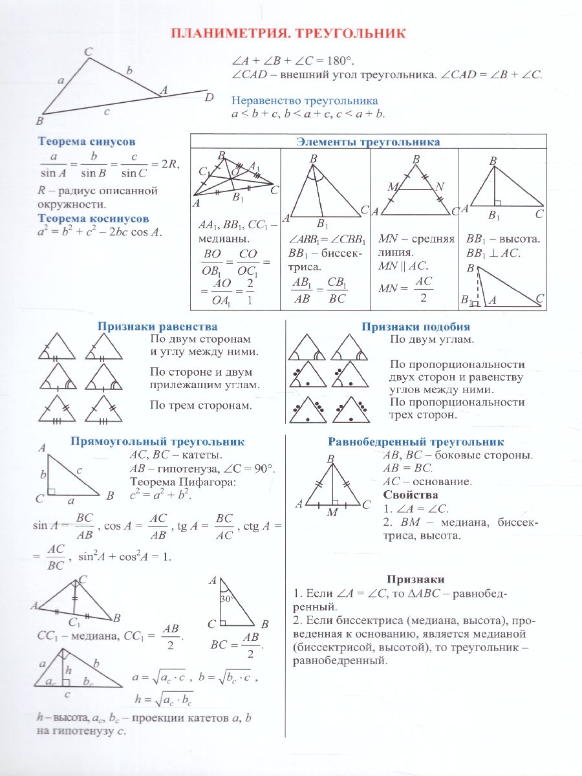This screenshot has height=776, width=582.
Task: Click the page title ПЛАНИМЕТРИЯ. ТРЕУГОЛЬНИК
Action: [288, 34]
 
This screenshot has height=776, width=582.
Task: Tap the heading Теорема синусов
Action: [87, 141]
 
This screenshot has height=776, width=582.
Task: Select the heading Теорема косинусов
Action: [93, 219]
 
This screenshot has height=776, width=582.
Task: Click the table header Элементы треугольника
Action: [368, 142]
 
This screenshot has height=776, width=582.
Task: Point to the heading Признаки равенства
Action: [157, 327]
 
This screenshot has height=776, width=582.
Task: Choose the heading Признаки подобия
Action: [415, 327]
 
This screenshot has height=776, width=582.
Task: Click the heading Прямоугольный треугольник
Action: [157, 442]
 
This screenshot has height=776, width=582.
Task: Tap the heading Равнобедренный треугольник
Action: [416, 442]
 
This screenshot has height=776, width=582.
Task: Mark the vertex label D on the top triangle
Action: [209, 98]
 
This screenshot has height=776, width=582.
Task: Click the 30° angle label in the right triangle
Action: [226, 599]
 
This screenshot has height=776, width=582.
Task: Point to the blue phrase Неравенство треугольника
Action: [305, 101]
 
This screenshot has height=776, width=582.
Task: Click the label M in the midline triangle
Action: [391, 187]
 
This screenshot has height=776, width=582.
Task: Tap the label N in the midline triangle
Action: [440, 187]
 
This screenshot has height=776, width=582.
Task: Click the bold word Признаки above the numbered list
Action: [415, 579]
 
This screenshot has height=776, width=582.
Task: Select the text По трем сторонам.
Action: [200, 405]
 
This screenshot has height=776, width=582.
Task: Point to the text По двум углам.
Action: [432, 339]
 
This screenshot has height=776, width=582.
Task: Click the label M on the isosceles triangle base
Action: [332, 512]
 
